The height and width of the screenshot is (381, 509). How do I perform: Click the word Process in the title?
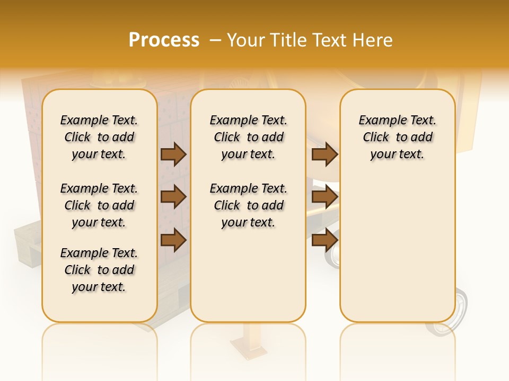coord(164,40)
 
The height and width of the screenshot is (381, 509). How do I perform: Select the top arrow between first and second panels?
coord(173,154)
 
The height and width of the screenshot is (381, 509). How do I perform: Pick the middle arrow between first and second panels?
coord(173,197)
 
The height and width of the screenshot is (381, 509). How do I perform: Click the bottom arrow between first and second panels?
coord(173,240)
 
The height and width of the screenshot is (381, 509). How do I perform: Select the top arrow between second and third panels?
coord(324,154)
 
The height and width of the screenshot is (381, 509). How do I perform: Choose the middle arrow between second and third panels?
coord(324,197)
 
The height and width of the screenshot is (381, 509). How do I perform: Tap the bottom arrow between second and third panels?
coord(324,240)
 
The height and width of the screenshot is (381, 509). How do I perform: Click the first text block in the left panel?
coord(99,137)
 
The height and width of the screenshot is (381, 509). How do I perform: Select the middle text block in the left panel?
coord(99,205)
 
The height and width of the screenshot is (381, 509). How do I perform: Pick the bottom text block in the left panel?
coord(99,270)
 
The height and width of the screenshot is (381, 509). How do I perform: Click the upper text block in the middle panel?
coord(248,137)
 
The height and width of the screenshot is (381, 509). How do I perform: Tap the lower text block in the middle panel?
coord(248,205)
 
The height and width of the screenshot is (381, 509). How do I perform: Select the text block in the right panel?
coord(398,137)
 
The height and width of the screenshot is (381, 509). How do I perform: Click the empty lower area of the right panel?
coord(398,249)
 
